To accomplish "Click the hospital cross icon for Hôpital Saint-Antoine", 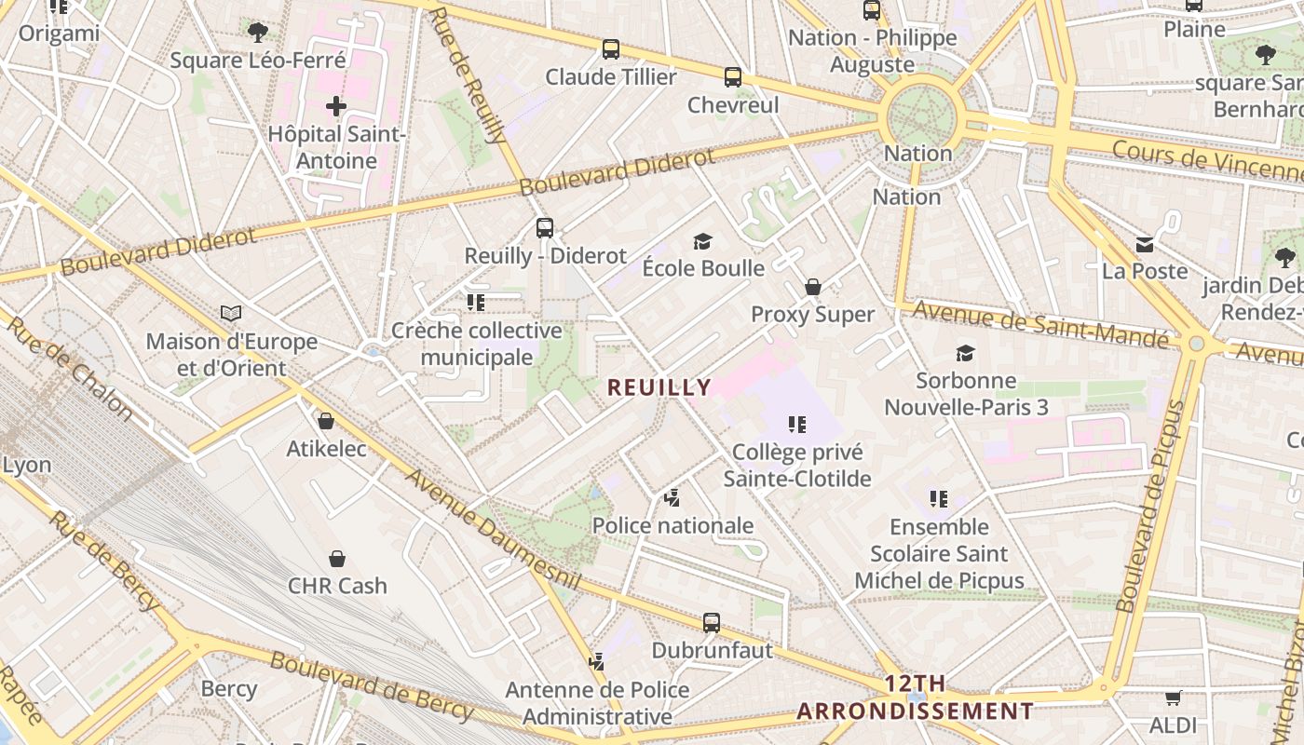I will click(336, 106).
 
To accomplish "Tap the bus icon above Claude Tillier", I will click(611, 49).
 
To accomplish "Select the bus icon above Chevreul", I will click(733, 77).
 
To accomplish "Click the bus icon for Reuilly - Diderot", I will click(545, 227).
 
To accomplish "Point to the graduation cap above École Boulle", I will click(703, 242).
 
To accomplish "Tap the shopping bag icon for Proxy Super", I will click(813, 287).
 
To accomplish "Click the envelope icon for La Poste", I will click(1145, 245).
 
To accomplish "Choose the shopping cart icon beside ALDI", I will click(1173, 698).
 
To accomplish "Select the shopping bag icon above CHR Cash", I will click(337, 559).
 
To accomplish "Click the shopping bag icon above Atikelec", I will click(326, 421).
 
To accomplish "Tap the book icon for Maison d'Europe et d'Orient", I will click(231, 314).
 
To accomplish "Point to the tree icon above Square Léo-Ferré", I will click(258, 33).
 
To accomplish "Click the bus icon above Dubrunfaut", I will click(712, 622).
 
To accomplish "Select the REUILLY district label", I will click(659, 387).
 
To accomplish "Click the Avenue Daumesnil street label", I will click(493, 528).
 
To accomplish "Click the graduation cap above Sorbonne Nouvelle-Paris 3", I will click(966, 354).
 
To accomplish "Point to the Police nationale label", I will click(673, 525).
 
